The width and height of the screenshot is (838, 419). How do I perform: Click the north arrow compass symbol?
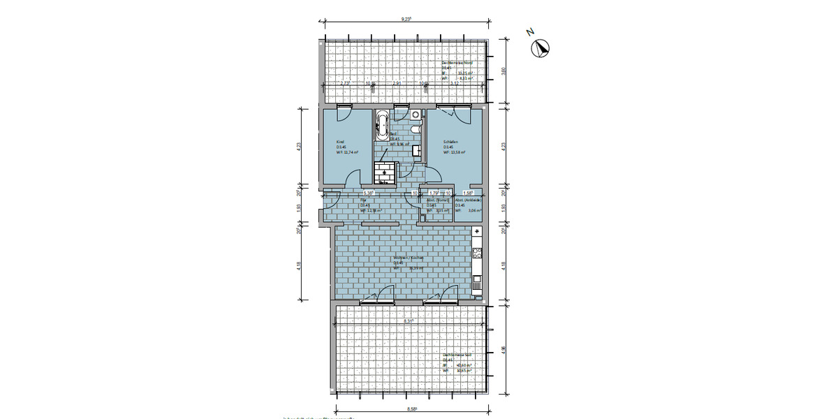(x=541, y=48)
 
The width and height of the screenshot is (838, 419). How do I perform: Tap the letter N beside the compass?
(x=531, y=31)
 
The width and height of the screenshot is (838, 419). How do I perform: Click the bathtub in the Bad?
(x=382, y=123)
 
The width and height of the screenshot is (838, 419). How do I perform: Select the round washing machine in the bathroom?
(x=416, y=114)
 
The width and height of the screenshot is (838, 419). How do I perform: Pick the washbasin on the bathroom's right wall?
(x=417, y=150)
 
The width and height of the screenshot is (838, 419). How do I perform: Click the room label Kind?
(x=340, y=142)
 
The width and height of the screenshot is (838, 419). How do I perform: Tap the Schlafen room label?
(x=450, y=142)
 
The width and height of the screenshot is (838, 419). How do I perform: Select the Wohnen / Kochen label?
(x=409, y=258)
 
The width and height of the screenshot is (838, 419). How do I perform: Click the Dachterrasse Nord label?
(x=457, y=63)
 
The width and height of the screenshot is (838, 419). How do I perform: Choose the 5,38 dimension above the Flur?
(x=368, y=193)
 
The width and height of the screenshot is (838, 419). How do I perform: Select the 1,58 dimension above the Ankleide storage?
(x=469, y=193)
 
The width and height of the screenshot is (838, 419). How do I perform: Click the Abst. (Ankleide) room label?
(x=469, y=200)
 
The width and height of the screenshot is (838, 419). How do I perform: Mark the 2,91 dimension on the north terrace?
(x=397, y=83)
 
